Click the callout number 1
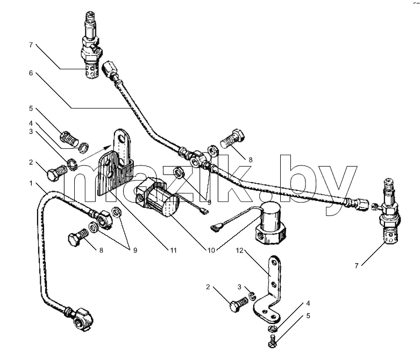[x=31, y=183]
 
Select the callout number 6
[x=31, y=73]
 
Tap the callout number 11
[x=173, y=250]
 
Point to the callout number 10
[x=211, y=250]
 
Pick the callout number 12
[x=239, y=250]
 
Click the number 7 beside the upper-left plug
[x=31, y=45]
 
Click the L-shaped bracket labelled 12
[x=269, y=290]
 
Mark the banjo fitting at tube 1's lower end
[x=83, y=319]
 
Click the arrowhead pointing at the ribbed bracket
[x=109, y=147]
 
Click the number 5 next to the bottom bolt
[x=308, y=316]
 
